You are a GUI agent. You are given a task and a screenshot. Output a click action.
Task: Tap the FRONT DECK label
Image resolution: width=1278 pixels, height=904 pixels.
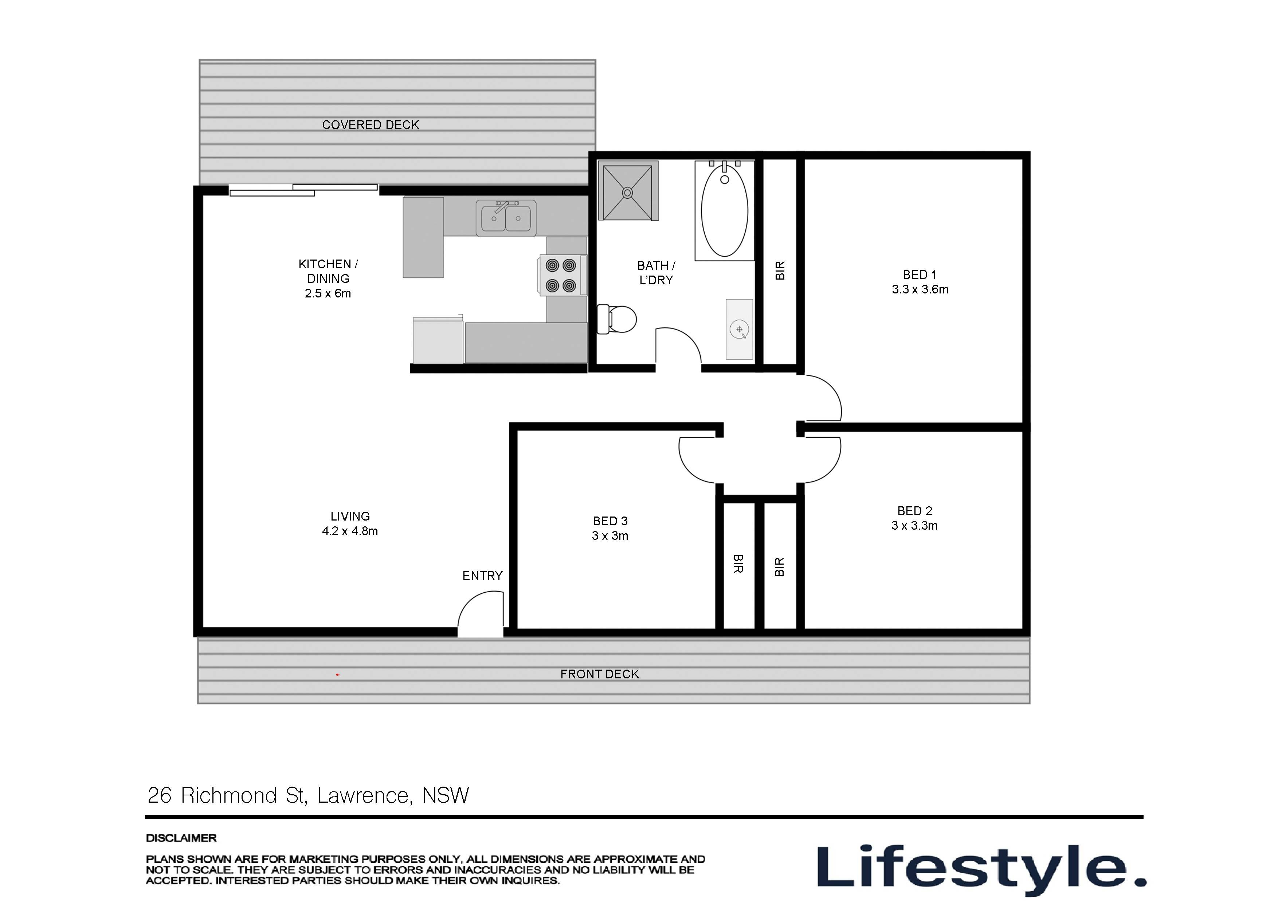click(x=600, y=674)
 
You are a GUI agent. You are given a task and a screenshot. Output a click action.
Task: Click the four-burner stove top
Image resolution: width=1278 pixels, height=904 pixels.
click(x=561, y=275)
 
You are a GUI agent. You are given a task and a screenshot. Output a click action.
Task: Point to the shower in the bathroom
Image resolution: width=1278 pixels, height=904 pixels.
click(x=627, y=192)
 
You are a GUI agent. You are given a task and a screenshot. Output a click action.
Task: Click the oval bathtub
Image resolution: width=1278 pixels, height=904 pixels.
click(x=724, y=211)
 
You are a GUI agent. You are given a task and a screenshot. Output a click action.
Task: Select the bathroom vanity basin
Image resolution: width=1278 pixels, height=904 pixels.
click(x=739, y=330)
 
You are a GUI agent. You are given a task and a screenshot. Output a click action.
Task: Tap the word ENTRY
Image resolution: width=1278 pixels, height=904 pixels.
click(x=482, y=575)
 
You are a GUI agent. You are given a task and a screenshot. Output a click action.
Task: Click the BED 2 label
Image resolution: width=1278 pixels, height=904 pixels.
click(x=914, y=511)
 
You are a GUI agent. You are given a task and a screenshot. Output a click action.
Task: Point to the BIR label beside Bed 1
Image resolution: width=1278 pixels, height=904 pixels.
click(x=780, y=271)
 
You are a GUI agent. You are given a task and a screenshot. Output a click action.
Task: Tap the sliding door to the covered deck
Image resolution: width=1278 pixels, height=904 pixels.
click(x=303, y=190)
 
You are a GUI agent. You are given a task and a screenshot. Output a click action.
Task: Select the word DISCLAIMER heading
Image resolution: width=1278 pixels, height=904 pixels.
click(x=181, y=838)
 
